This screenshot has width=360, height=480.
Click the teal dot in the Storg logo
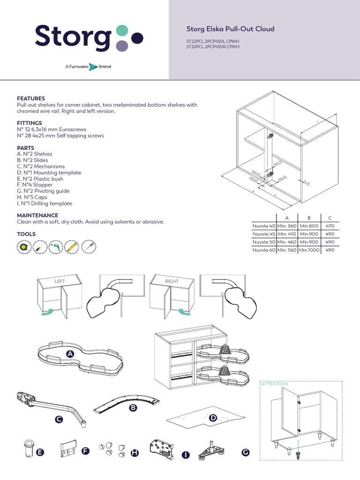point(121,31)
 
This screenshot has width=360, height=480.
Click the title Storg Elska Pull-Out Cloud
point(230,29)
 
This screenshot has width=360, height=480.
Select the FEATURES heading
point(31,98)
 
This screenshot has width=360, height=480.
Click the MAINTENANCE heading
point(37,215)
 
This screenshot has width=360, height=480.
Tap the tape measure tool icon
point(23,247)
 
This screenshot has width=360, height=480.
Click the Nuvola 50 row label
point(263,242)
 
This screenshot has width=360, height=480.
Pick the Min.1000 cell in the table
point(309,250)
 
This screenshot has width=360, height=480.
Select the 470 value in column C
point(330,226)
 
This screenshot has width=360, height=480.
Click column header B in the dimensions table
point(309,217)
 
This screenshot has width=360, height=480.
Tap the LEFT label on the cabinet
point(60,281)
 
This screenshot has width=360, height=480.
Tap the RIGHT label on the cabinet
point(172,281)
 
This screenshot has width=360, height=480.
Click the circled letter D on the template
point(213,418)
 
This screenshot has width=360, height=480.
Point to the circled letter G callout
point(246,452)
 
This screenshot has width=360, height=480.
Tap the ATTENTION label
point(274,384)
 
